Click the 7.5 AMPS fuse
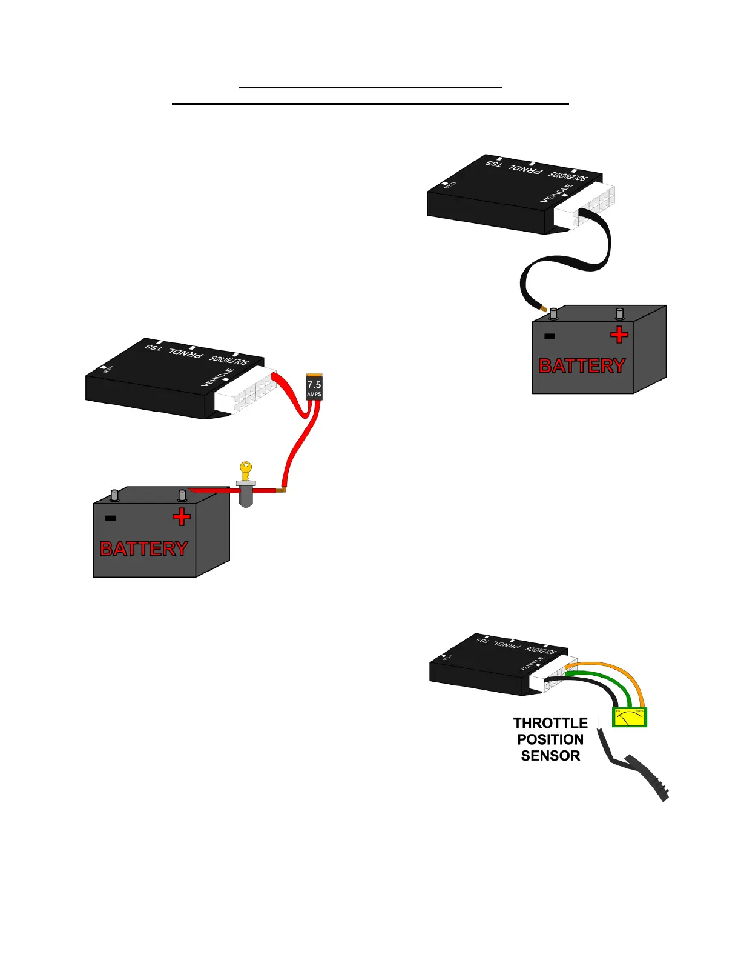pyautogui.click(x=314, y=387)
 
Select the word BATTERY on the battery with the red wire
pyautogui.click(x=144, y=548)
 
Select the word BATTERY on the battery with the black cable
pyautogui.click(x=582, y=366)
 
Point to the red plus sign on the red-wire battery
pyautogui.click(x=181, y=517)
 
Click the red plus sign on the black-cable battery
pyautogui.click(x=619, y=335)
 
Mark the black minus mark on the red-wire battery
pyautogui.click(x=110, y=518)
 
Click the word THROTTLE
pyautogui.click(x=550, y=723)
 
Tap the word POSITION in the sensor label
pyautogui.click(x=550, y=739)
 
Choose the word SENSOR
pyautogui.click(x=550, y=756)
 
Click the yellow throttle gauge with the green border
pyautogui.click(x=630, y=717)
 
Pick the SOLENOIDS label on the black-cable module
pyautogui.click(x=568, y=176)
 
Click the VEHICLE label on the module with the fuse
pyautogui.click(x=217, y=377)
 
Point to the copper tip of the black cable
pyautogui.click(x=544, y=308)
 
